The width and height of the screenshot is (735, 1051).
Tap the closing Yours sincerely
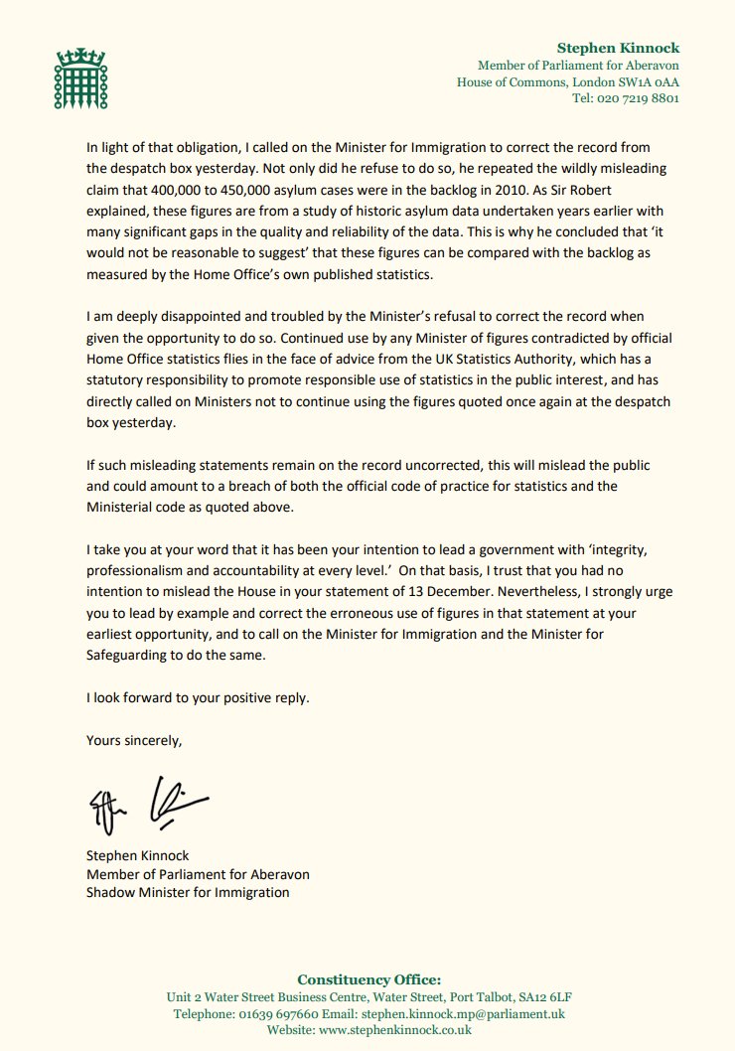click(x=134, y=739)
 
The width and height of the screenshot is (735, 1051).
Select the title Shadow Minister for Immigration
click(x=188, y=892)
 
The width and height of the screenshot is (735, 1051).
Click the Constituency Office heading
click(x=368, y=979)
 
